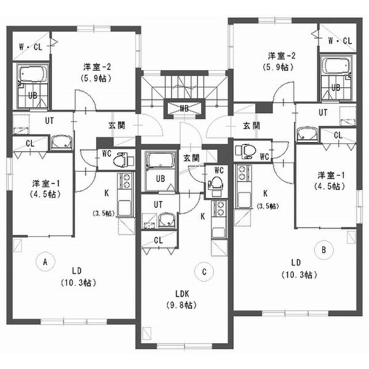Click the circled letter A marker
coord(46,261)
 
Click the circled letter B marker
coord(324,250)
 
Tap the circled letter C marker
coord(204,272)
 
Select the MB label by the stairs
coord(184,108)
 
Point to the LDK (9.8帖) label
coord(181,300)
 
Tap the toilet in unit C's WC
coord(215,185)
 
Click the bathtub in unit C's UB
coord(161,161)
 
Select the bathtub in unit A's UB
coord(33,74)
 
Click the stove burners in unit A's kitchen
coord(125,180)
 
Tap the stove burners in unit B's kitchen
coord(242,173)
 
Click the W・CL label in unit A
coord(31,47)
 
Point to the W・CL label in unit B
coord(340,41)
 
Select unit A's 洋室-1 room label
coord(46,189)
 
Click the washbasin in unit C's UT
coord(166,220)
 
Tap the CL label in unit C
coord(159,240)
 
